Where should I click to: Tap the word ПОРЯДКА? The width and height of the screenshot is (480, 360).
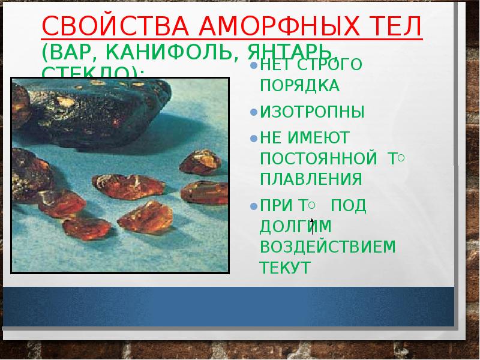(300, 86)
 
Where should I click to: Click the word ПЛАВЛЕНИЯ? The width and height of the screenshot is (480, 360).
(311, 179)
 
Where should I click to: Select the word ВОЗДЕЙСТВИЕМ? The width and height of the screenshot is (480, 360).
(328, 247)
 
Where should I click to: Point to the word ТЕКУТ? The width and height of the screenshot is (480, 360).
(285, 268)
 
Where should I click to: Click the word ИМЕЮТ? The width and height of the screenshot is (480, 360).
(325, 138)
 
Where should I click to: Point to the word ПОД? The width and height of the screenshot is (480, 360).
(349, 206)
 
